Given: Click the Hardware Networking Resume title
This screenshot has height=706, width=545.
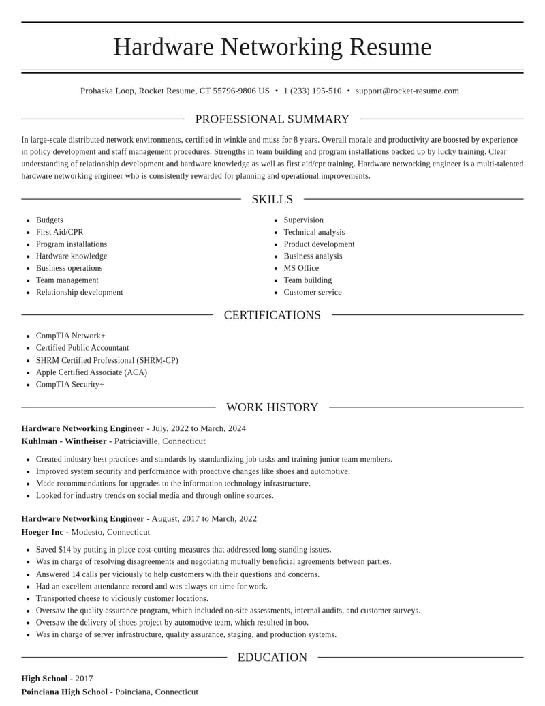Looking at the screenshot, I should [272, 46].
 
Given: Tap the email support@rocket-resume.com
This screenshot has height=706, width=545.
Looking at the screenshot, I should [407, 91].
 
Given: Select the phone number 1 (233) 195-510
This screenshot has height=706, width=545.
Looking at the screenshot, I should [313, 91].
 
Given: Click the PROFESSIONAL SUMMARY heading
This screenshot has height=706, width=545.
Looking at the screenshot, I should [272, 119].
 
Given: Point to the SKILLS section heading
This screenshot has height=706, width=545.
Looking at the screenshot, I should [272, 199].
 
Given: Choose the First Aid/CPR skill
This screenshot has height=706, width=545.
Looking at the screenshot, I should [59, 232].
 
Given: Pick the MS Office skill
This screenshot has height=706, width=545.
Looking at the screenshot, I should [301, 268].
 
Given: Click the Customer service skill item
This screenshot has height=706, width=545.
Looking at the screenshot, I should [313, 292].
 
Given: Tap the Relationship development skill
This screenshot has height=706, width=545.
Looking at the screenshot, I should [79, 292].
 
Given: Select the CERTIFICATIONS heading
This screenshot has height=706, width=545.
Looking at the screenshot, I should [272, 315].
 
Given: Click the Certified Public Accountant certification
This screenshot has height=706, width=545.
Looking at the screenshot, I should [82, 348].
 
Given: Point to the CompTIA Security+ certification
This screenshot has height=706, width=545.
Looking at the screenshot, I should [70, 385].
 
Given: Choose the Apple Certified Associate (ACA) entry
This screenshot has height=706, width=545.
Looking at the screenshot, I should [91, 372].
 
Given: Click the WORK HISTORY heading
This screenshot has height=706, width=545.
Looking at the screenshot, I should [272, 407].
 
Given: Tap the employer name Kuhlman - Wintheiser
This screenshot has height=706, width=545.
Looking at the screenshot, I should [64, 441].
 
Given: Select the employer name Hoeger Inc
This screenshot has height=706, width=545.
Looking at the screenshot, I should [42, 532].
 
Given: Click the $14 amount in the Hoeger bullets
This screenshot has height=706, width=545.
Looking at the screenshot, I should [65, 550].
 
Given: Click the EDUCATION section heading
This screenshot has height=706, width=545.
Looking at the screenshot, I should [272, 658].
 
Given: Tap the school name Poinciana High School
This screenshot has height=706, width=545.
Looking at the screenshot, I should [64, 692].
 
